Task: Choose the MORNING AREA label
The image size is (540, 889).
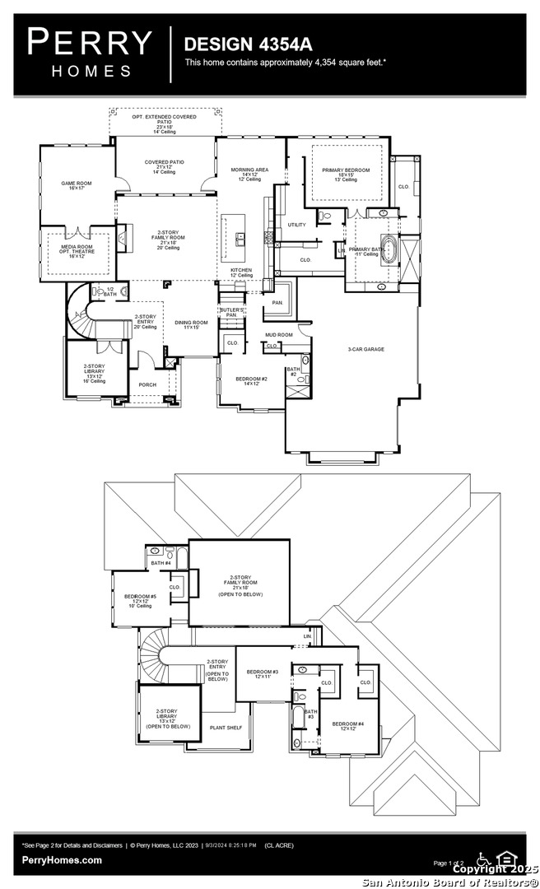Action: point(250,174)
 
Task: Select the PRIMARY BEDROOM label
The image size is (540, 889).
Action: point(346,174)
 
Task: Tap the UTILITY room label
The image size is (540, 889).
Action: point(296,225)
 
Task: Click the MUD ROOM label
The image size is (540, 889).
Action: point(278,335)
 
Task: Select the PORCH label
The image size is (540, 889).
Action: point(147,384)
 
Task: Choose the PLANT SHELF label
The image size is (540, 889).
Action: point(225,728)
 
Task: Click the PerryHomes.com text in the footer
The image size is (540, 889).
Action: point(63,860)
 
